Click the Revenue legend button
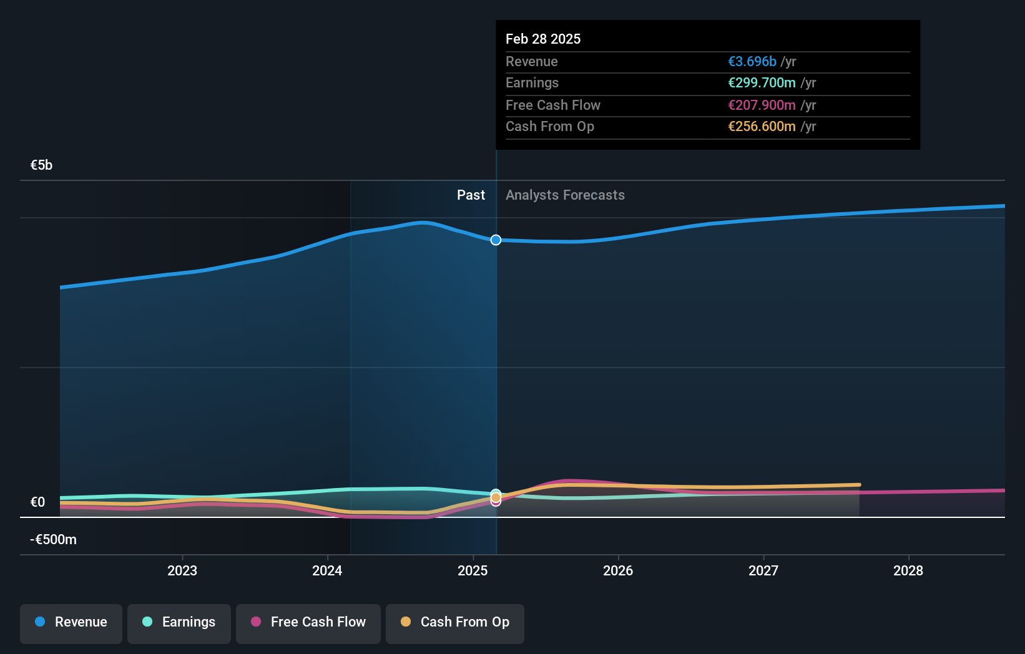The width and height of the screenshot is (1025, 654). (x=71, y=623)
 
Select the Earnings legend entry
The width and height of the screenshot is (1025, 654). (x=179, y=623)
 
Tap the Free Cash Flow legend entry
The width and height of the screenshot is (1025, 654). (x=308, y=623)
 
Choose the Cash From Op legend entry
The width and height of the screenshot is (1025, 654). (x=455, y=623)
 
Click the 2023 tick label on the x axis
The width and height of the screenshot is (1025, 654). (x=182, y=570)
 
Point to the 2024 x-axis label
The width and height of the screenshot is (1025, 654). (x=327, y=570)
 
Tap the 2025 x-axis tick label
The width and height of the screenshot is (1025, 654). (x=473, y=570)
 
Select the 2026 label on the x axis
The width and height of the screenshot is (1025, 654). (x=618, y=570)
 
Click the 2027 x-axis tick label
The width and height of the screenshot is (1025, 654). (x=763, y=570)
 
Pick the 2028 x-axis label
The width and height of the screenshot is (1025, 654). (x=908, y=570)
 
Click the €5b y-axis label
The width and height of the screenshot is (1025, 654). (x=42, y=165)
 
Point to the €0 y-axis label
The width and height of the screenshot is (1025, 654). (x=38, y=502)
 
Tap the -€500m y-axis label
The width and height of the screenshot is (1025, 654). (x=54, y=540)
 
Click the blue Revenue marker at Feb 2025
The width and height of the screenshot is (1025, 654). (x=496, y=240)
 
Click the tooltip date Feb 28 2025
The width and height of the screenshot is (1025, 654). (x=543, y=39)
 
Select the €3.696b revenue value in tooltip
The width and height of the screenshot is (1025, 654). (x=752, y=62)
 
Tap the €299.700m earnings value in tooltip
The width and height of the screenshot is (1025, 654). (x=762, y=83)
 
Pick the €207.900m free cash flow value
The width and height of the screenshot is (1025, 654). (x=762, y=105)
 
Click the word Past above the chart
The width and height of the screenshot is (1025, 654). (x=471, y=195)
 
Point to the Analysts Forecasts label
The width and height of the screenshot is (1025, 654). (x=565, y=195)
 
